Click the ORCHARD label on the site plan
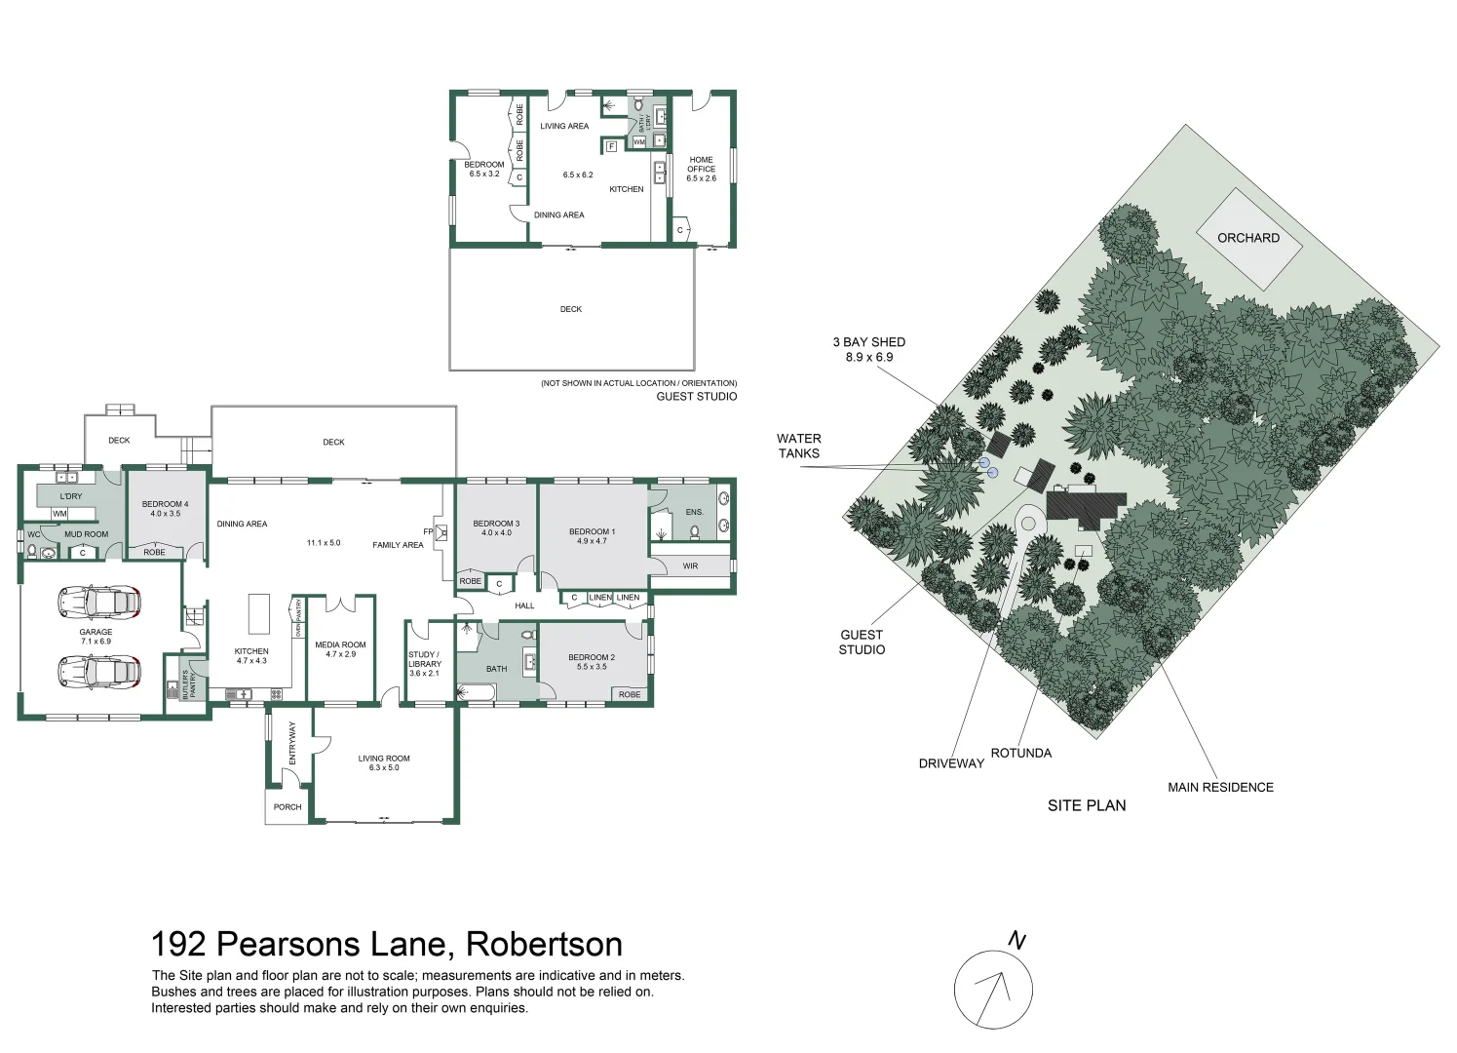point(1247,238)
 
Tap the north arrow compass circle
point(992,990)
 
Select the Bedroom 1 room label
point(592,536)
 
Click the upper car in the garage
point(98,603)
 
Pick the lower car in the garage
point(98,671)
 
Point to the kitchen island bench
point(258,613)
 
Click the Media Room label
point(340,649)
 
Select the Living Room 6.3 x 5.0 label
point(384,762)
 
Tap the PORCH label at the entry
point(288,807)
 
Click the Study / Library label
point(424,664)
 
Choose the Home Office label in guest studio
point(701,169)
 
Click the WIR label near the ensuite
point(690,566)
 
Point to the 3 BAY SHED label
point(868,349)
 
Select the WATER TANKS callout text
point(798,446)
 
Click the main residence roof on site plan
point(1084,506)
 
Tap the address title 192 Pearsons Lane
point(386,944)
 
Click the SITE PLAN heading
point(1086,805)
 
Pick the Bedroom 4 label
point(165,509)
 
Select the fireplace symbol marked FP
point(441,532)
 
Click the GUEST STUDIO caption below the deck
point(696,397)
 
